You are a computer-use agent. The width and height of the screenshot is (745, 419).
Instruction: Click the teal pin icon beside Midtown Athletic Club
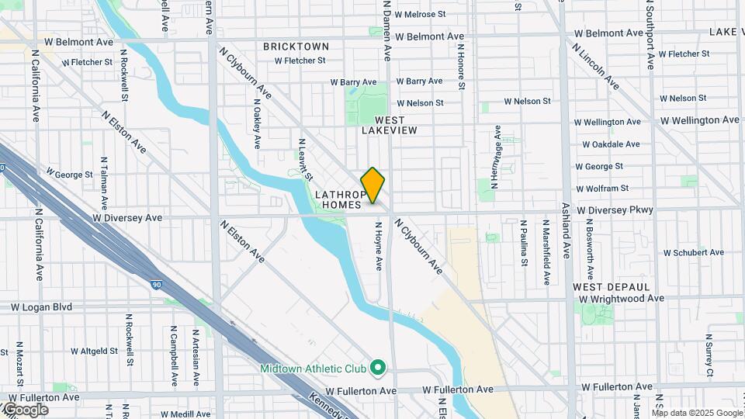coord(378,366)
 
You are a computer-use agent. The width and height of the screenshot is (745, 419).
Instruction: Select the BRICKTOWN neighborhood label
coord(296,47)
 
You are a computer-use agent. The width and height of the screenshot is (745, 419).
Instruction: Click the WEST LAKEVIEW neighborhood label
coord(390,125)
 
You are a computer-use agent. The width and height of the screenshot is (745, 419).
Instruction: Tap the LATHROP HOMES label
coord(338,199)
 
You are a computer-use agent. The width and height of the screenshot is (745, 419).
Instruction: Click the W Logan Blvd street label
coord(41,307)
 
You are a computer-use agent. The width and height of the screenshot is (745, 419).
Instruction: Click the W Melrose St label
coord(420,14)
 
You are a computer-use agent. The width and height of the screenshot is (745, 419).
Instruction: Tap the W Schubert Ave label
coord(693,253)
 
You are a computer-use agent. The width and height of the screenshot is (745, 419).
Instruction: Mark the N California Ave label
coord(36,85)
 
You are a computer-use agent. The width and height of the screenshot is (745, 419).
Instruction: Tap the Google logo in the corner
coord(26,409)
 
